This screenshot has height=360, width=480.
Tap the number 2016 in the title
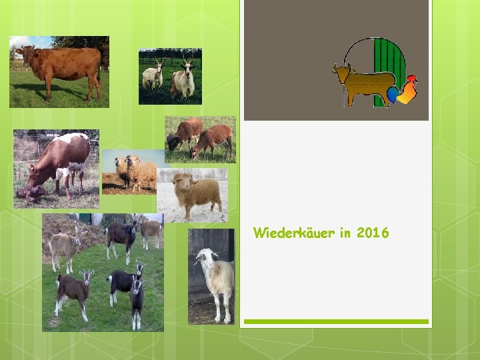coord(373,233)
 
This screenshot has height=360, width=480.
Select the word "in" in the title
coord(344,233)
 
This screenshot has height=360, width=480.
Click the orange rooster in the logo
coord(407,89)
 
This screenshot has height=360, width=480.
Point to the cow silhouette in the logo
coord(363,83)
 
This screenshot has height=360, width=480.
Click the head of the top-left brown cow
coord(25,53)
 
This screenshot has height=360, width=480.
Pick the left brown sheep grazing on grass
coord(183,133)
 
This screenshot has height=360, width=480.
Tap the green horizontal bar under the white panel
coord(335,321)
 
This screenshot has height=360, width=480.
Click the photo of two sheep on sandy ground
coord(130,172)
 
